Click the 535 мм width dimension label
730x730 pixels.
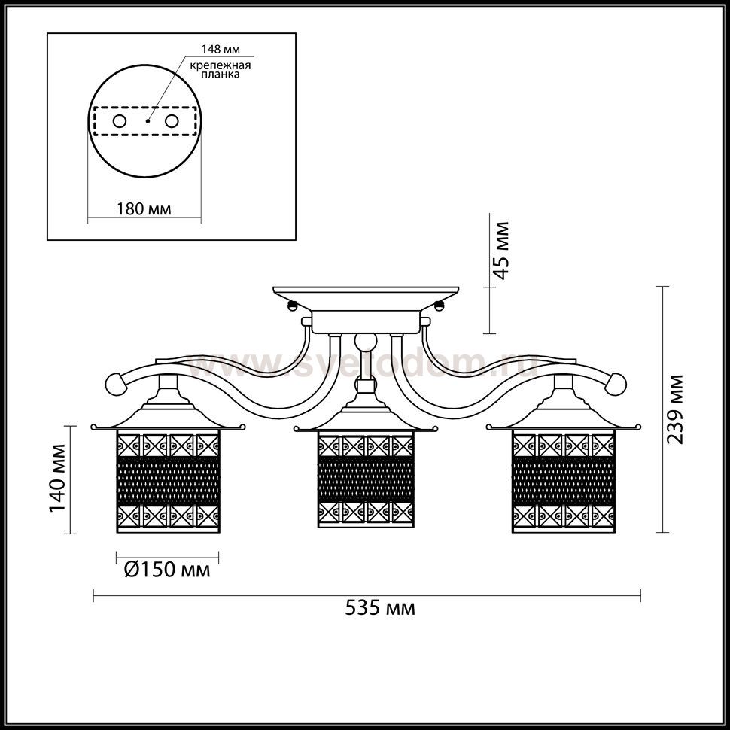point(380,608)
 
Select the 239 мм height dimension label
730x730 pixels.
point(675,409)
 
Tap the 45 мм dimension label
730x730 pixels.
point(501,251)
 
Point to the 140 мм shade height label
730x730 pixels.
point(58,478)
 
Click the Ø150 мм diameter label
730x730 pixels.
point(167,569)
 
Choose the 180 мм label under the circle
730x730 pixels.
point(144,208)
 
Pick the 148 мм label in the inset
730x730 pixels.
point(221,50)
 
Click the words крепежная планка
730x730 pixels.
point(221,69)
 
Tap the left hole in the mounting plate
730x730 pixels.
point(120,121)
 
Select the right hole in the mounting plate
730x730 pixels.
point(172,121)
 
